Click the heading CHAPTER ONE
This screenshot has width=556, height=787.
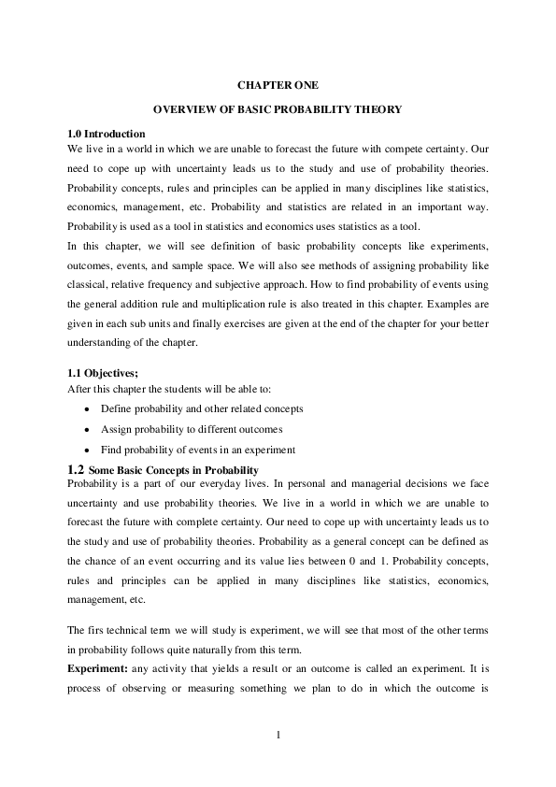(x=278, y=85)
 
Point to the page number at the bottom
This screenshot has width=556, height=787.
(x=278, y=734)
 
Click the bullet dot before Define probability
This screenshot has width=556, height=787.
(x=88, y=409)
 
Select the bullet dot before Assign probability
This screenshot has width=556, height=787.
(x=88, y=430)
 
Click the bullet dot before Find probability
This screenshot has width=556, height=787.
(x=88, y=451)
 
